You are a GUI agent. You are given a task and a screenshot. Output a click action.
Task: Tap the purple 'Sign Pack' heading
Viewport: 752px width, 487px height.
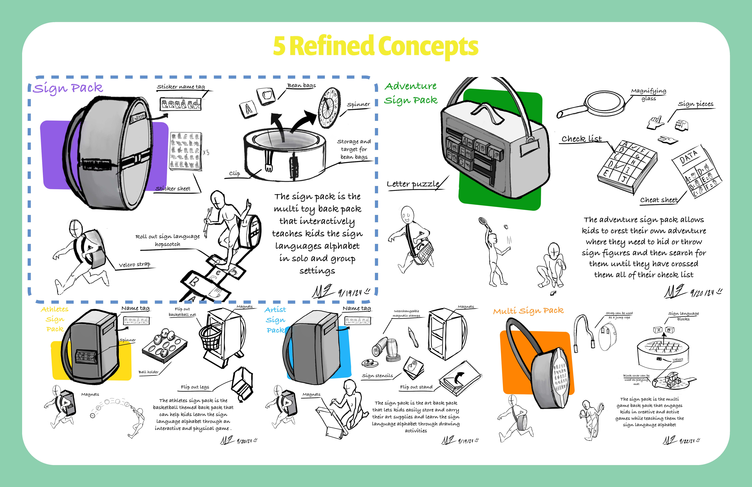68,88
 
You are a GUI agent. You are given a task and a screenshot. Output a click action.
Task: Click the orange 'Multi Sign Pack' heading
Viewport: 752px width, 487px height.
528,311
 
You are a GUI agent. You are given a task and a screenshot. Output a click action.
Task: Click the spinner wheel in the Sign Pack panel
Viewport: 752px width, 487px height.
329,108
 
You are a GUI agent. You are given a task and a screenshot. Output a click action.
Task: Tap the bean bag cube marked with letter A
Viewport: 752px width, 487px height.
248,109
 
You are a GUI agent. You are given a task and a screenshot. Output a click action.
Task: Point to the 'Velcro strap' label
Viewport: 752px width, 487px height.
134,264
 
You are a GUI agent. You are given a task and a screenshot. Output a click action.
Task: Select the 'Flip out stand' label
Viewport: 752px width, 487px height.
416,387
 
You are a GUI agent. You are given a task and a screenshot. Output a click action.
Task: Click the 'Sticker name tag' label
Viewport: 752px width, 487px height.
181,87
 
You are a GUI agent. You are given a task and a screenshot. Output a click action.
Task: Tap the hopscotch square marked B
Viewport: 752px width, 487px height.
193,281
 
